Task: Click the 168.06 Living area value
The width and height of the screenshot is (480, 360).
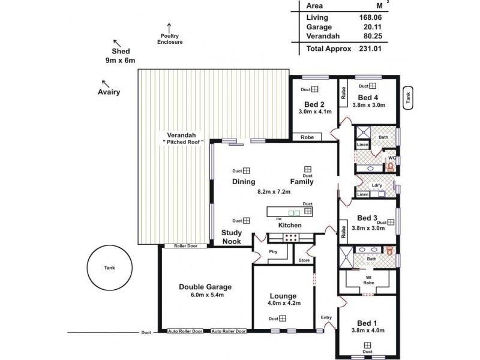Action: click(x=370, y=18)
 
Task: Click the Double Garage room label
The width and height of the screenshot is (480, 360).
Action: click(x=205, y=287)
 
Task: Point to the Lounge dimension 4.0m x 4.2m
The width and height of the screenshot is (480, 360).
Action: click(x=283, y=304)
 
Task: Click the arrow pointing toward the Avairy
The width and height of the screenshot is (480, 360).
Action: click(x=105, y=83)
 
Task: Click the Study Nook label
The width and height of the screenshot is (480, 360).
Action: click(x=232, y=237)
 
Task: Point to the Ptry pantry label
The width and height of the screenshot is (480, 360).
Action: click(x=273, y=251)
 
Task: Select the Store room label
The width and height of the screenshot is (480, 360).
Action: click(x=304, y=260)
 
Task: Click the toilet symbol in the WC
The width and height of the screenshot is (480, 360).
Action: click(x=392, y=168)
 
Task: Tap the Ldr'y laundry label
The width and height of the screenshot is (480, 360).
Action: click(x=378, y=186)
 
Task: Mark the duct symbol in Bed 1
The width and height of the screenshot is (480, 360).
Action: click(x=367, y=344)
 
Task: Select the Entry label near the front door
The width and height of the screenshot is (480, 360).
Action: click(x=326, y=317)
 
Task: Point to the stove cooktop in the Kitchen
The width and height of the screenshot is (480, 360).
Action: click(x=292, y=236)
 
